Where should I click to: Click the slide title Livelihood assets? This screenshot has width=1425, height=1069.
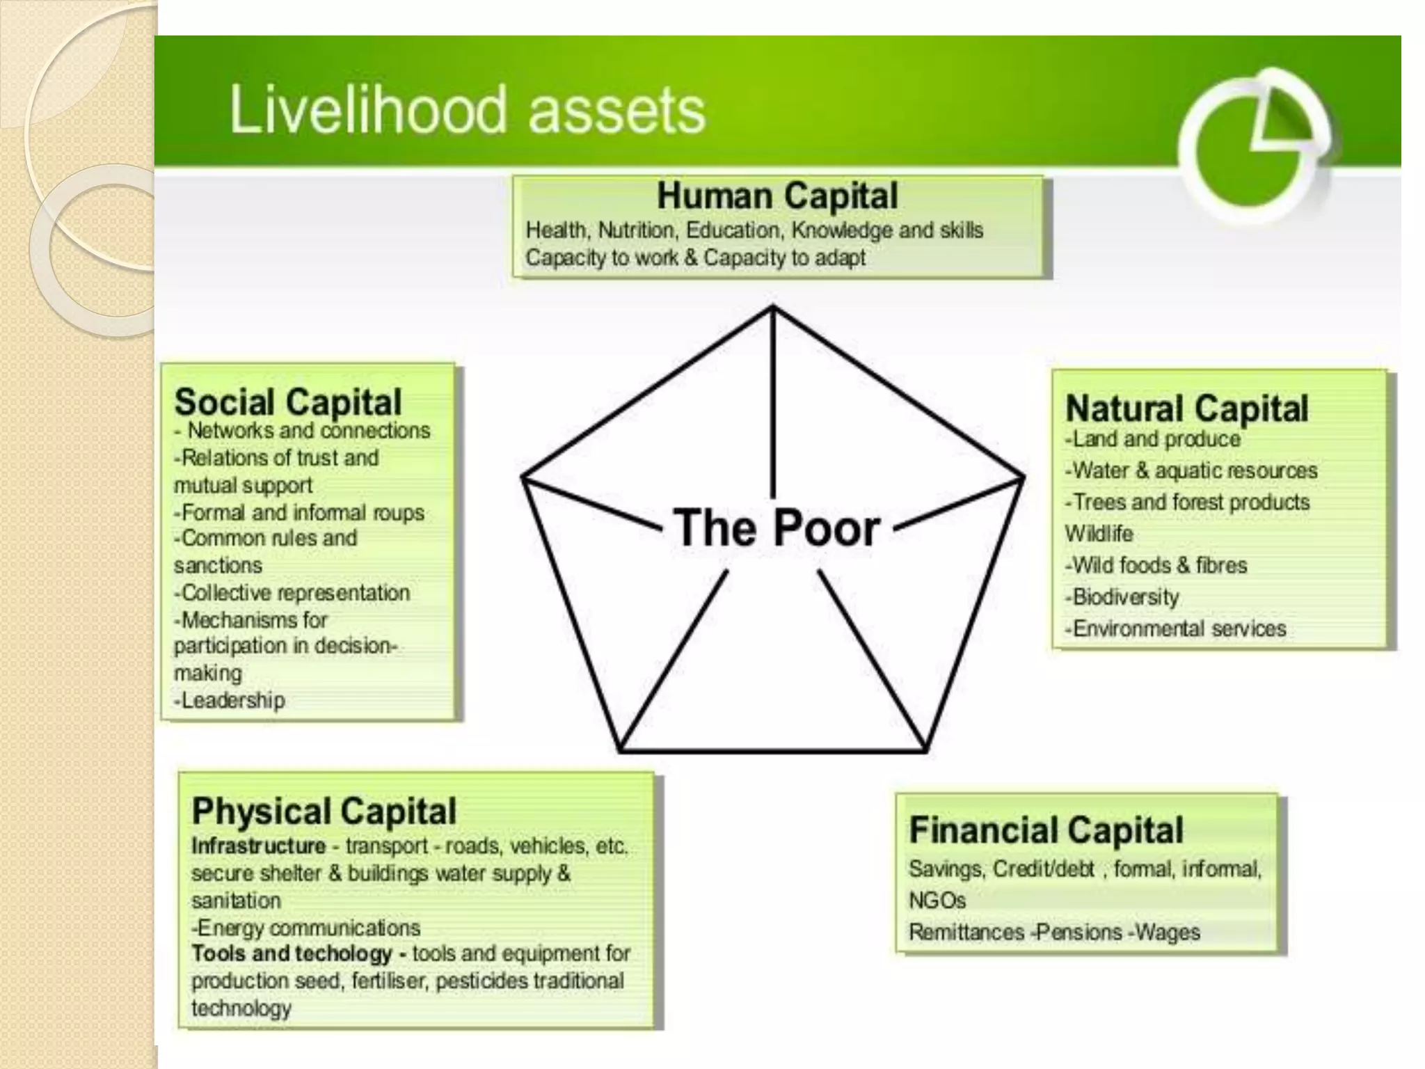pyautogui.click(x=467, y=110)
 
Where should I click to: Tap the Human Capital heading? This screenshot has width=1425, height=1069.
pyautogui.click(x=777, y=196)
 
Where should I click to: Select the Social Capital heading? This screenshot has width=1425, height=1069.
pyautogui.click(x=288, y=402)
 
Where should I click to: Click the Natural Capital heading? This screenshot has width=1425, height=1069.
pyautogui.click(x=1186, y=408)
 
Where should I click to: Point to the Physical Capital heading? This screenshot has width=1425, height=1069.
pyautogui.click(x=324, y=811)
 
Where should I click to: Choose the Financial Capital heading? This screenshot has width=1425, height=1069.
pyautogui.click(x=1046, y=830)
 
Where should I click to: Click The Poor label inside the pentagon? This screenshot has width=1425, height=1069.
pyautogui.click(x=777, y=528)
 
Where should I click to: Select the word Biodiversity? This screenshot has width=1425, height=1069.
pyautogui.click(x=1125, y=597)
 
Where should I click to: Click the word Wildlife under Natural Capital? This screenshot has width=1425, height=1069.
pyautogui.click(x=1099, y=534)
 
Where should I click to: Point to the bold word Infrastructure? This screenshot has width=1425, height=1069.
pyautogui.click(x=259, y=846)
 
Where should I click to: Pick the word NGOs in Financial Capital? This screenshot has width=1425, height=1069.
pyautogui.click(x=937, y=901)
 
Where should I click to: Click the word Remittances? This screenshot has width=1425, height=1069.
pyautogui.click(x=966, y=933)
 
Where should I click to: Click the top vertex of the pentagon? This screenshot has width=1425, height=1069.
pyautogui.click(x=772, y=307)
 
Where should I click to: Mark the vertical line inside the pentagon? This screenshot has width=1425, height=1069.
pyautogui.click(x=772, y=404)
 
